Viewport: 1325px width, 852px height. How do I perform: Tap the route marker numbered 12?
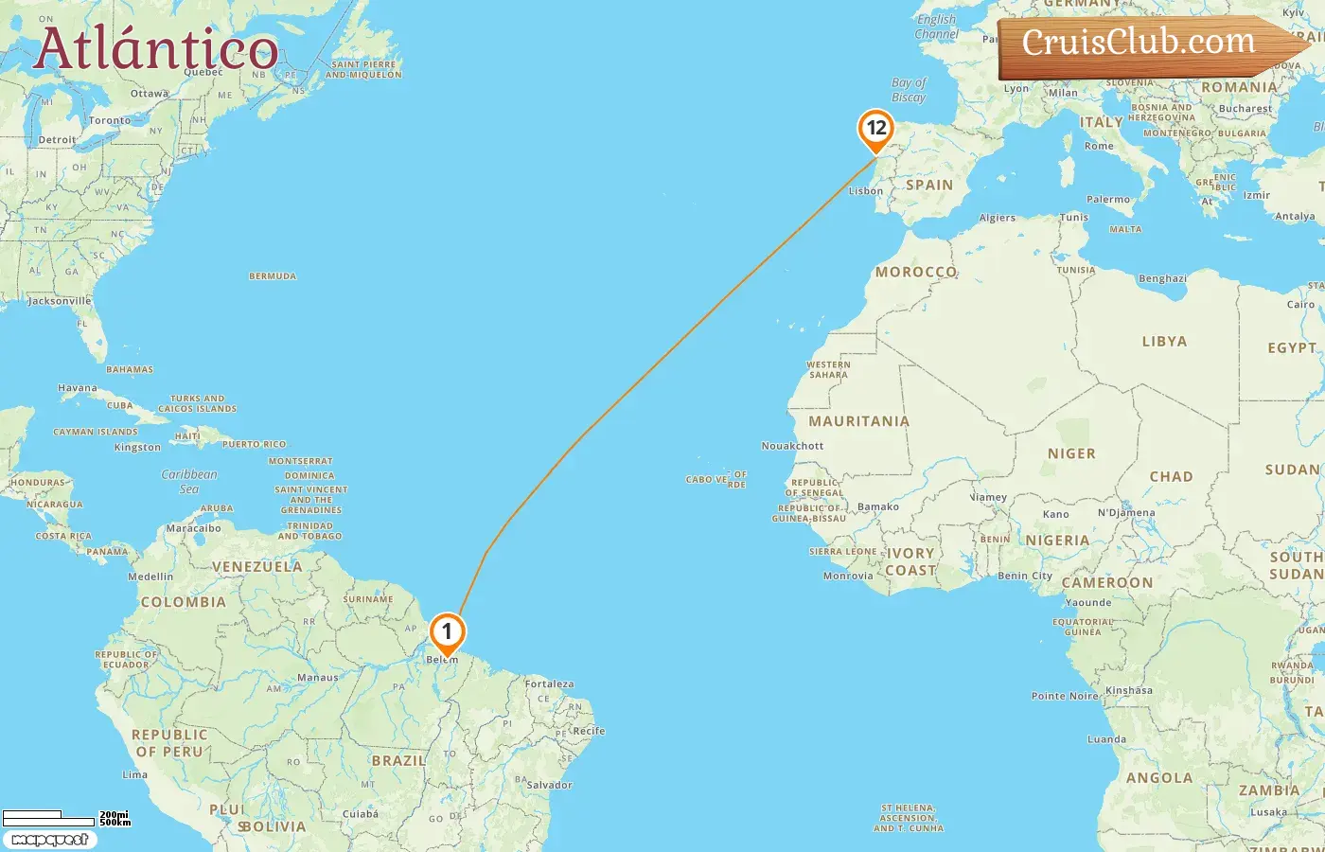pos(876,129)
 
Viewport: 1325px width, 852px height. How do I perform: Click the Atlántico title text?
pos(156,49)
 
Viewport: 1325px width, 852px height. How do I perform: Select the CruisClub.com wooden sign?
pos(1145,44)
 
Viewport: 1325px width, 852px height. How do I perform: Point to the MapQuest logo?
pos(49,840)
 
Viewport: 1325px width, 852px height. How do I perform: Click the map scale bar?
pos(48,817)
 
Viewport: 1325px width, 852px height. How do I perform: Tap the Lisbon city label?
pos(866,191)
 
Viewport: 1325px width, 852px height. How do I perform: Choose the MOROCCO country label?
pos(915,272)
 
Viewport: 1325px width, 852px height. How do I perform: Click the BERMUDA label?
pos(273,276)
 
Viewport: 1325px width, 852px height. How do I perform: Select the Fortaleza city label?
pos(550,683)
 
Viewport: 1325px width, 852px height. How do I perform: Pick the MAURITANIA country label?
pos(858,421)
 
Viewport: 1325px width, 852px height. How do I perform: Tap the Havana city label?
pos(78,388)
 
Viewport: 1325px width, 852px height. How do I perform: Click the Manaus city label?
pos(318,678)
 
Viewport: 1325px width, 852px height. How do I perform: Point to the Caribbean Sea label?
pos(189,482)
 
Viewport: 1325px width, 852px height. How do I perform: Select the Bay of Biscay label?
pos(909,90)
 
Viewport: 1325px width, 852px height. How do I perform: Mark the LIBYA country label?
pos(1164,342)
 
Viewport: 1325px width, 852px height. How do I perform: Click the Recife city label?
pos(588,731)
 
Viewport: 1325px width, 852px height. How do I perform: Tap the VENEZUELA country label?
pos(257,567)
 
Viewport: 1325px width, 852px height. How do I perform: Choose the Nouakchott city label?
pos(793,446)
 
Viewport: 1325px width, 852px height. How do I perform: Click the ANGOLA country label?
pos(1159,778)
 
